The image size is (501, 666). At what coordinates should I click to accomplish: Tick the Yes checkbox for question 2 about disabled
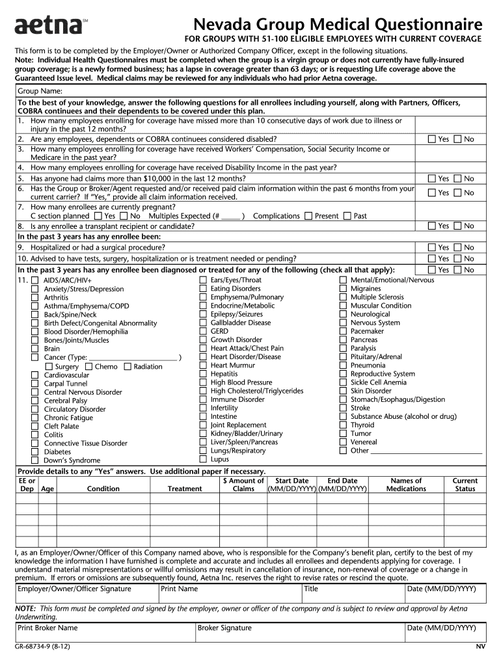[431, 139]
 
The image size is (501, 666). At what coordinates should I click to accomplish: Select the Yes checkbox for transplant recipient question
[431, 226]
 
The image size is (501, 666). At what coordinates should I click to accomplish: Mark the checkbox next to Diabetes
[35, 451]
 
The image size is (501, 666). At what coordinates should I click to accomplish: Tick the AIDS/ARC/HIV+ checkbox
[35, 280]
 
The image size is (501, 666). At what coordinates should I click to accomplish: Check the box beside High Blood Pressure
[202, 382]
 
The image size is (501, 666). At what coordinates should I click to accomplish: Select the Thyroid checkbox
[343, 425]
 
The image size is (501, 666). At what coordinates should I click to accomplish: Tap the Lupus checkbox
[202, 459]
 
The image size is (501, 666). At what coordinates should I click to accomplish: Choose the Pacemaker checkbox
[343, 331]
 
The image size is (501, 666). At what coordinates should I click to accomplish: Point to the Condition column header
[103, 488]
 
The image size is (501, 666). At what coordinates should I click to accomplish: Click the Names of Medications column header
[406, 485]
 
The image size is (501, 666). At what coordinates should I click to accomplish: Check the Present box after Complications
[308, 216]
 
